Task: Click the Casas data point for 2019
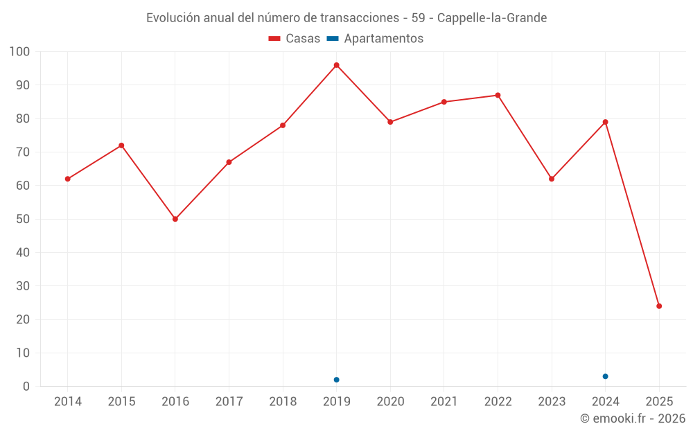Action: pyautogui.click(x=336, y=65)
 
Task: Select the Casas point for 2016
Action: pyautogui.click(x=175, y=219)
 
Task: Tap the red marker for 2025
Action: pyautogui.click(x=659, y=306)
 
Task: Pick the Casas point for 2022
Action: pyautogui.click(x=498, y=95)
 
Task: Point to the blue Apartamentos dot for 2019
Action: pyautogui.click(x=336, y=380)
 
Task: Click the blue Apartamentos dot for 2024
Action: pyautogui.click(x=605, y=376)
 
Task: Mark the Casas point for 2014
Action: pyautogui.click(x=68, y=179)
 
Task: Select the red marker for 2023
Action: pyautogui.click(x=552, y=179)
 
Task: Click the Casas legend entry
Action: pyautogui.click(x=295, y=39)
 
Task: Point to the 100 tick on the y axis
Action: pyautogui.click(x=20, y=52)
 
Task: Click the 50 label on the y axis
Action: pyautogui.click(x=23, y=219)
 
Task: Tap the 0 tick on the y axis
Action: pyautogui.click(x=26, y=387)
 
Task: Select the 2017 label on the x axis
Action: pyautogui.click(x=229, y=402)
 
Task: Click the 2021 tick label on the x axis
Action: pyautogui.click(x=444, y=402)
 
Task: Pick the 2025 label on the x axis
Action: pyautogui.click(x=659, y=402)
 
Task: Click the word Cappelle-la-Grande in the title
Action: pyautogui.click(x=492, y=18)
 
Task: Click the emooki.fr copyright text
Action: pyautogui.click(x=633, y=418)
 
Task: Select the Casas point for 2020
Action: pyautogui.click(x=390, y=122)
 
